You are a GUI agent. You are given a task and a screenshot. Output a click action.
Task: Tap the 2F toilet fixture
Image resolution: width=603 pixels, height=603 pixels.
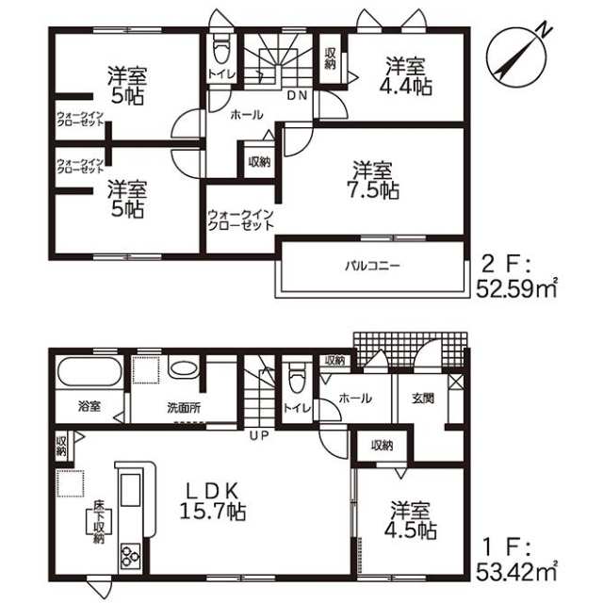(220, 49)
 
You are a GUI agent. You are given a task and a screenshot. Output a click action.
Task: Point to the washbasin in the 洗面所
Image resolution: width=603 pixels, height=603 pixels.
(183, 368)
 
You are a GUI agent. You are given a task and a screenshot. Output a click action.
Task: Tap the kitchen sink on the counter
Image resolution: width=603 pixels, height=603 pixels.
(130, 490)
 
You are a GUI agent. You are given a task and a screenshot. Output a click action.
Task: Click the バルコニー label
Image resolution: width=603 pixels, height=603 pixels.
(372, 266)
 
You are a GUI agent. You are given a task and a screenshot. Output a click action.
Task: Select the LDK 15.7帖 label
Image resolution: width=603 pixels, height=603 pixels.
(213, 501)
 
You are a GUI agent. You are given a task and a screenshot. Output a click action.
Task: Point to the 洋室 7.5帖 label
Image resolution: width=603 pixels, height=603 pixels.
(376, 180)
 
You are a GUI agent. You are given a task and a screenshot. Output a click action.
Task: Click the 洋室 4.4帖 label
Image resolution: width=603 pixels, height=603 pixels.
(406, 76)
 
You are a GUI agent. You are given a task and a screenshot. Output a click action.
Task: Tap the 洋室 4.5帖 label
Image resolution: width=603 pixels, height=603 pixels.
(411, 520)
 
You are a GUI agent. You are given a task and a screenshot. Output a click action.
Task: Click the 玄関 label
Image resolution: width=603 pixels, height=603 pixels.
(423, 399)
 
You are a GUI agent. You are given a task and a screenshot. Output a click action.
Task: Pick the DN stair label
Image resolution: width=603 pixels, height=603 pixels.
(298, 95)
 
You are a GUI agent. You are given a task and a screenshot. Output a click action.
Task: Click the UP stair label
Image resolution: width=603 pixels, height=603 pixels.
(259, 436)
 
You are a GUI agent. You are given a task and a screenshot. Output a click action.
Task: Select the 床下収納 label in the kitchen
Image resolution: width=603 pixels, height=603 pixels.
(99, 522)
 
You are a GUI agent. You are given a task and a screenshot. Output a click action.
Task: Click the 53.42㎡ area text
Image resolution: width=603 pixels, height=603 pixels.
(516, 572)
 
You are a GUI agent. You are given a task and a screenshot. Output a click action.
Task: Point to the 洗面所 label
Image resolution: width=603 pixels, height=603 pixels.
(184, 408)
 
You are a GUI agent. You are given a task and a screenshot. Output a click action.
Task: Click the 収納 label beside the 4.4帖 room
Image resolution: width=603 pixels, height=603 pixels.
(330, 58)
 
